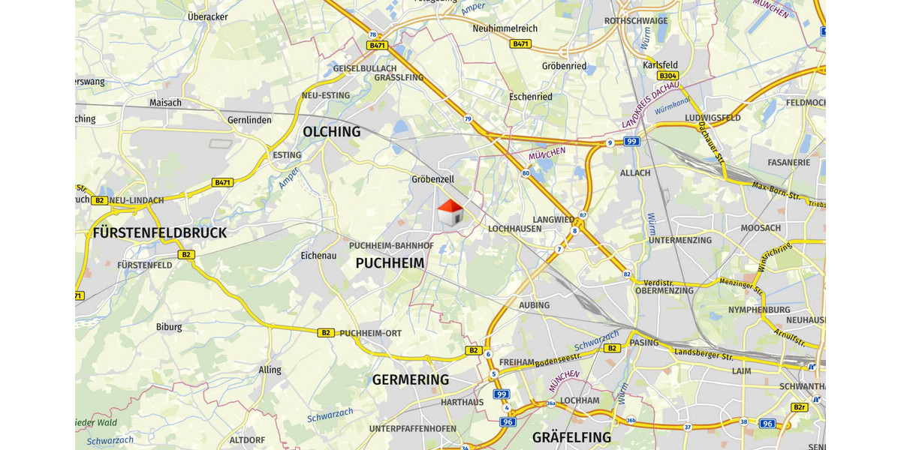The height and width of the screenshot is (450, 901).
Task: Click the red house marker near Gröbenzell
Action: click(x=449, y=213)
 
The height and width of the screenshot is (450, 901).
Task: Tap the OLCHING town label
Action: click(x=331, y=132)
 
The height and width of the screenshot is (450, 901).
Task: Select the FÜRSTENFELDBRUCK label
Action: click(x=160, y=233)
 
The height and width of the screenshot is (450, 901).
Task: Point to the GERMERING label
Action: click(x=411, y=379)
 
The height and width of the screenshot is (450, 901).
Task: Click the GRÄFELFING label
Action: click(x=571, y=436)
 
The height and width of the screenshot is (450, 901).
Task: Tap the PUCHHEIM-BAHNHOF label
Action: click(x=391, y=246)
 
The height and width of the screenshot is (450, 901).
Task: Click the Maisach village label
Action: click(x=165, y=103)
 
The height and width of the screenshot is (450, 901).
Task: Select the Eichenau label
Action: click(x=318, y=256)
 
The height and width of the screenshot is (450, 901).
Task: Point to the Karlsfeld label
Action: click(x=661, y=65)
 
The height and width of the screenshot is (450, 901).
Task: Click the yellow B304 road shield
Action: click(x=667, y=76)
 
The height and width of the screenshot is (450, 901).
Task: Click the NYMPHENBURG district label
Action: click(x=759, y=310)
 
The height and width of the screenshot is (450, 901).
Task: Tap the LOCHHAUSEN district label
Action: click(x=514, y=229)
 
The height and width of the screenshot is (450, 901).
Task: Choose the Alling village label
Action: click(x=270, y=370)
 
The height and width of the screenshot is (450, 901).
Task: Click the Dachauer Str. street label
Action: click(x=709, y=136)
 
